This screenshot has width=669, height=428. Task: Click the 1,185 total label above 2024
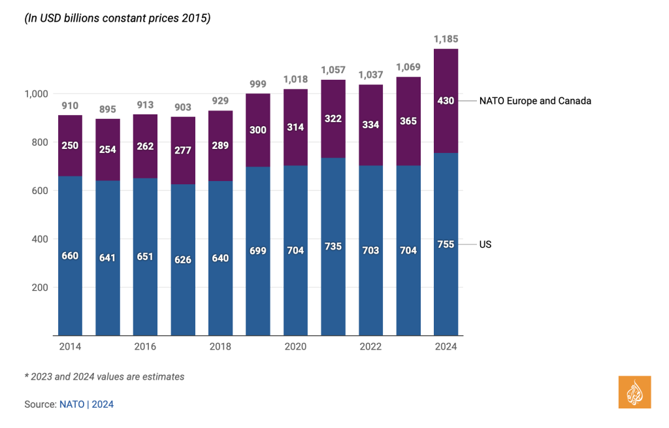tap(446, 39)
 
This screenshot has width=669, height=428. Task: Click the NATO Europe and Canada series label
tap(534, 101)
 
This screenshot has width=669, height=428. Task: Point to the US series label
tap(485, 244)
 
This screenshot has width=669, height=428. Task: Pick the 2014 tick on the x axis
tap(69, 346)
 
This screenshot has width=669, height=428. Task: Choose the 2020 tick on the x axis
tap(295, 346)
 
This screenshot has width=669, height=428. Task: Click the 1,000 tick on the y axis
tap(35, 94)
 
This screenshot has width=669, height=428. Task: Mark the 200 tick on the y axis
tap(41, 288)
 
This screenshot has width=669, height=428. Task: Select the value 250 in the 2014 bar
tap(70, 145)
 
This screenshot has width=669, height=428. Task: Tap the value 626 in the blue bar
tap(183, 259)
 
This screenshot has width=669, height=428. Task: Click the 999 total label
tap(258, 84)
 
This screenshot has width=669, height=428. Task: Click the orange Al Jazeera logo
tap(634, 393)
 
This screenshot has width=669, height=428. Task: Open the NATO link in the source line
tap(72, 404)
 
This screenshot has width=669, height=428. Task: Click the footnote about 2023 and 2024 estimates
tap(105, 376)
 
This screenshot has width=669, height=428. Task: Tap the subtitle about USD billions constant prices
tap(118, 19)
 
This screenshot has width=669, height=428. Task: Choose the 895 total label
tap(107, 109)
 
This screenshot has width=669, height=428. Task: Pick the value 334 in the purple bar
tap(370, 124)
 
